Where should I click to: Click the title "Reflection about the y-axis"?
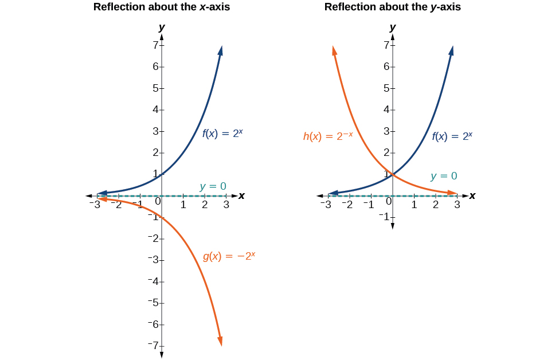click(392, 7)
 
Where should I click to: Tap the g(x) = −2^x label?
click(229, 256)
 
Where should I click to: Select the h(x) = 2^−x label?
click(328, 136)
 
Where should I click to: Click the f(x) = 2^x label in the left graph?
click(222, 134)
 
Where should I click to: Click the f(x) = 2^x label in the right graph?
click(452, 136)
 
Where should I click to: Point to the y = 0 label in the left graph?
click(213, 186)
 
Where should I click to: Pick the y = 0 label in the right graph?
click(444, 176)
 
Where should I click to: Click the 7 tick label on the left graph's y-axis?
click(155, 45)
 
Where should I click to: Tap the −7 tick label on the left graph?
click(153, 345)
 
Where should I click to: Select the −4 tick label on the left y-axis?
click(153, 281)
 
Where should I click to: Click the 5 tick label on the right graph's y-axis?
click(386, 88)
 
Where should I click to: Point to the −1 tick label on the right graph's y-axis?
click(384, 216)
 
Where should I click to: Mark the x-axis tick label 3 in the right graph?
click(457, 205)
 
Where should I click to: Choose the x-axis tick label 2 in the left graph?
click(205, 205)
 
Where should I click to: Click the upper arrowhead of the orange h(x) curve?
click(334, 50)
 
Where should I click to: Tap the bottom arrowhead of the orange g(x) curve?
click(220, 342)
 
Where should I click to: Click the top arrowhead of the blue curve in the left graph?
click(220, 50)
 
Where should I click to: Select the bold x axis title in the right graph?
click(472, 195)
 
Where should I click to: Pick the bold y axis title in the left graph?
click(162, 27)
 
